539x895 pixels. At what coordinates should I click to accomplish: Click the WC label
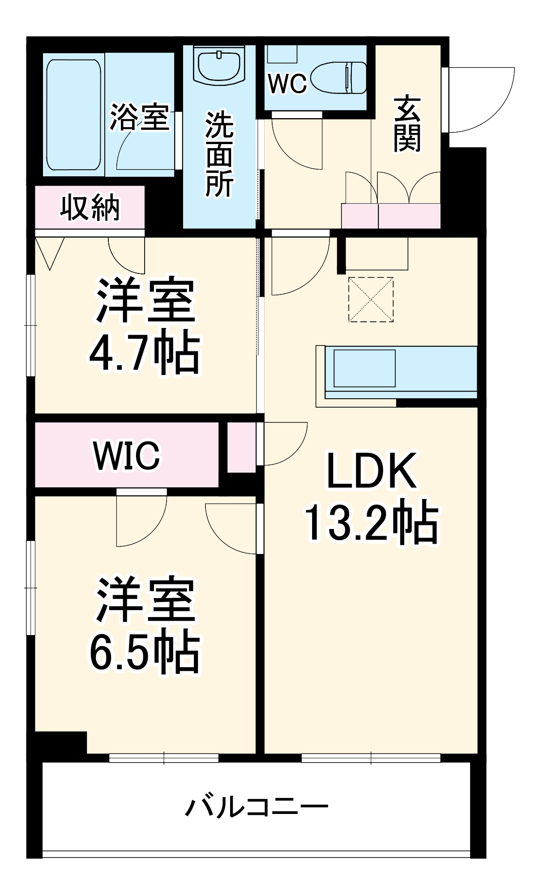pyautogui.click(x=287, y=83)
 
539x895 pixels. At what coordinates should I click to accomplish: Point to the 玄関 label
pyautogui.click(x=407, y=124)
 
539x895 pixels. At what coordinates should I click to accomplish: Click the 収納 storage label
pyautogui.click(x=90, y=208)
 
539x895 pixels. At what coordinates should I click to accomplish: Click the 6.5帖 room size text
pyautogui.click(x=144, y=652)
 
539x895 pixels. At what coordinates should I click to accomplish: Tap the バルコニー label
pyautogui.click(x=257, y=807)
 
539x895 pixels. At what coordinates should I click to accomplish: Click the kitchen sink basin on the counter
pyautogui.click(x=364, y=368)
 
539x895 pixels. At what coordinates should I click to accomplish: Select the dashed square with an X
pyautogui.click(x=371, y=299)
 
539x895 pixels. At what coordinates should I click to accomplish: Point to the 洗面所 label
pyautogui.click(x=219, y=154)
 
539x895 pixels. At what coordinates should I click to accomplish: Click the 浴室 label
pyautogui.click(x=140, y=117)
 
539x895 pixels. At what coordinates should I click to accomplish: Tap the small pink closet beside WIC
pyautogui.click(x=241, y=447)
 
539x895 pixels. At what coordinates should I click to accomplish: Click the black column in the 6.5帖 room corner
pyautogui.click(x=61, y=743)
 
